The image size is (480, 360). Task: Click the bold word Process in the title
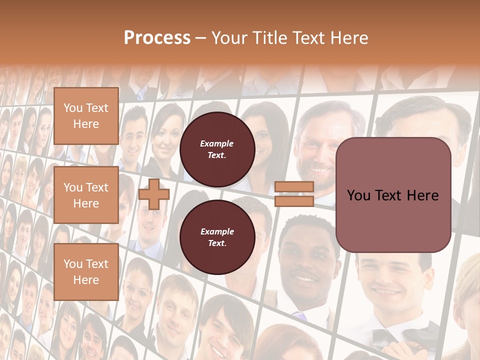pos(157,37)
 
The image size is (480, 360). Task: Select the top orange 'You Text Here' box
pos(86,116)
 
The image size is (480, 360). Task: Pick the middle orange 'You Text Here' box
pos(86,195)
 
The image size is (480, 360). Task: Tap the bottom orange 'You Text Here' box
pos(86,271)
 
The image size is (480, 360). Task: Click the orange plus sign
pos(153,194)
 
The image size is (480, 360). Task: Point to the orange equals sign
pos(294,194)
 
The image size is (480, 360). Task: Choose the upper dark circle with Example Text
pos(217,149)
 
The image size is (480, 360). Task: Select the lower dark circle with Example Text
pos(217,237)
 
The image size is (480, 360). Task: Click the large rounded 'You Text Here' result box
pos(393,195)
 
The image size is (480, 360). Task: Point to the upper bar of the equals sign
pos(294,187)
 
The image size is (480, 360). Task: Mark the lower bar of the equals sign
pos(294,201)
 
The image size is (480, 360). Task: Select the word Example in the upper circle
pos(217,143)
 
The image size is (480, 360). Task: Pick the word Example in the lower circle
pos(217,231)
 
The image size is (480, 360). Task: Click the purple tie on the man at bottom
pos(298,316)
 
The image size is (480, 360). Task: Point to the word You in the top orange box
pos(73,108)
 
